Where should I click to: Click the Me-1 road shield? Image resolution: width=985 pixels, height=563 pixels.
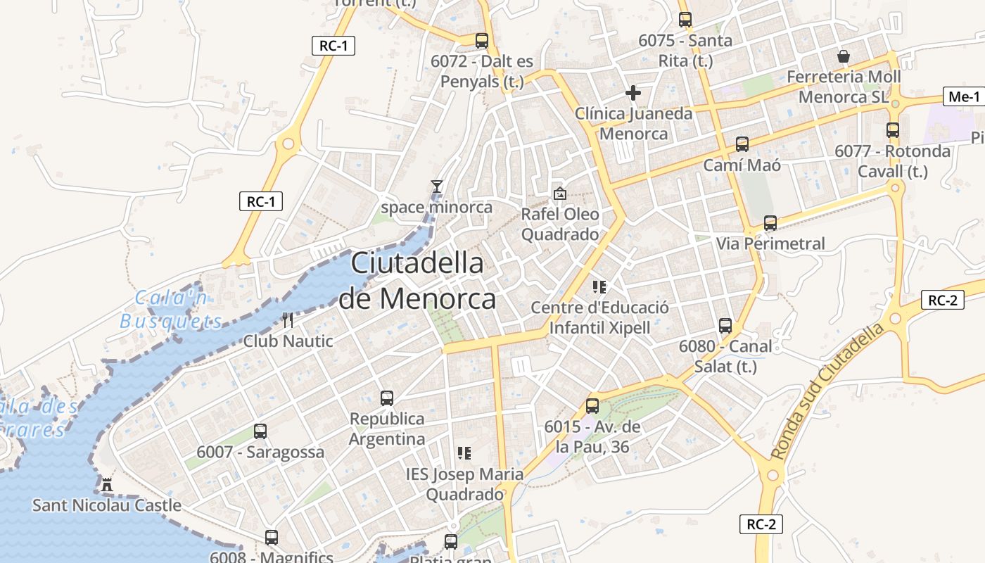(x=963, y=97)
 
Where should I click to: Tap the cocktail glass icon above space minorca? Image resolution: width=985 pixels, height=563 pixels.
(x=437, y=186)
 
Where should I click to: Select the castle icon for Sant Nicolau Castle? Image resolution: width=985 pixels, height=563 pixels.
(x=107, y=484)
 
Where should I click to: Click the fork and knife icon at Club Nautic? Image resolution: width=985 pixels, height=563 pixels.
(x=287, y=320)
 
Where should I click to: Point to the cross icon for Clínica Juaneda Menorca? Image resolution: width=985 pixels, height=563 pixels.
(x=633, y=92)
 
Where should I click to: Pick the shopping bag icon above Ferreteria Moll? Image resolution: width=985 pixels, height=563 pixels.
(x=844, y=56)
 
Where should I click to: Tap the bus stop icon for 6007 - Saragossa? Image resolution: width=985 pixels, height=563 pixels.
(x=260, y=431)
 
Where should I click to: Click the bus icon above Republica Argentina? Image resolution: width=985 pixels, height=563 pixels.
(x=387, y=398)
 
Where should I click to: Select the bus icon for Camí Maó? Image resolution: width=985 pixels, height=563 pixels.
(x=742, y=144)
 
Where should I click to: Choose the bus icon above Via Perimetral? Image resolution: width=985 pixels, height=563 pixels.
(x=770, y=223)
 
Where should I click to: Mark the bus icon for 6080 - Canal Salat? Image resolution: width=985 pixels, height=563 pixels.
(x=725, y=326)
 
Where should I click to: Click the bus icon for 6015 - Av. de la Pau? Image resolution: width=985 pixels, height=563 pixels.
(x=592, y=406)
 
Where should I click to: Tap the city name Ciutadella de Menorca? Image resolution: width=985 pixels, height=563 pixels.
(x=417, y=281)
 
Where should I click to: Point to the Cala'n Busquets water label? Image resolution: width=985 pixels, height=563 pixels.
(x=171, y=310)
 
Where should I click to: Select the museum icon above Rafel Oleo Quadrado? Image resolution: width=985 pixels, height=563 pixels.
(x=560, y=193)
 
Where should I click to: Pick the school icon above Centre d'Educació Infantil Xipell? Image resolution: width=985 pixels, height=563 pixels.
(x=600, y=286)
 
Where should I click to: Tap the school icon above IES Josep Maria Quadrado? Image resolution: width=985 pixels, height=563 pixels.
(x=464, y=453)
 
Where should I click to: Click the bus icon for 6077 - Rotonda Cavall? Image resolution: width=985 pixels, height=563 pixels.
(x=893, y=130)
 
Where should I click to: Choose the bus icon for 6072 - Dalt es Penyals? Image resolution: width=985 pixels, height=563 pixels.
(x=482, y=41)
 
